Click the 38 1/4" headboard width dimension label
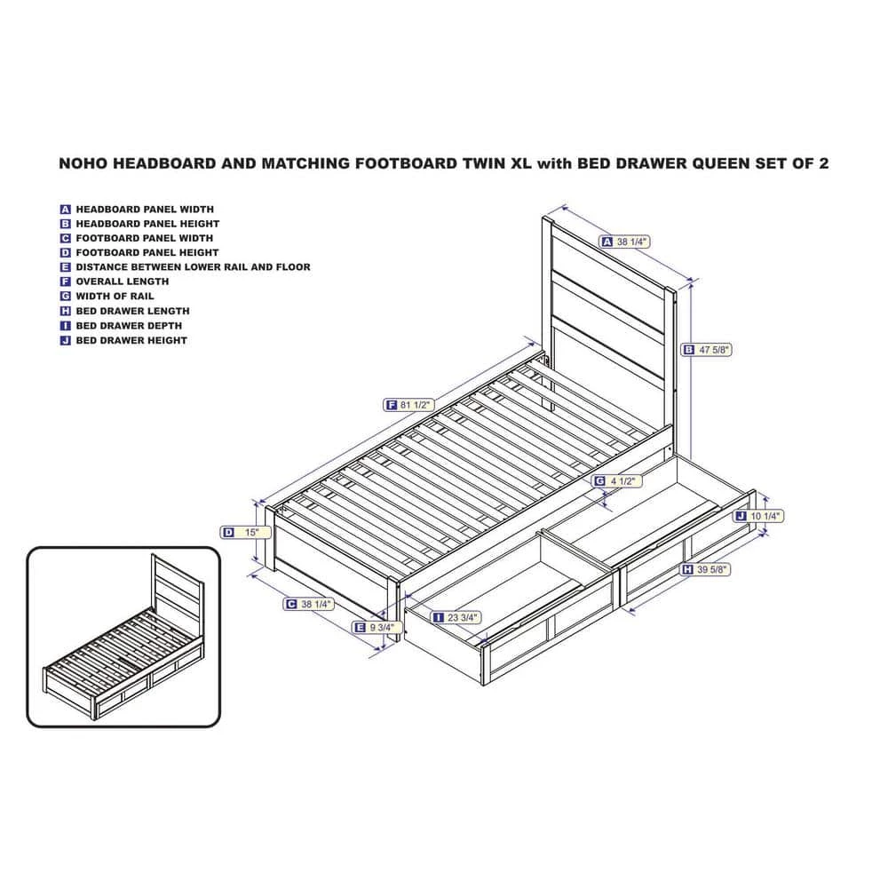(x=624, y=242)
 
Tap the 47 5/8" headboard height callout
(x=706, y=350)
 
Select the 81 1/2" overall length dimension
(x=408, y=405)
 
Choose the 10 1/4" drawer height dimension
(x=758, y=516)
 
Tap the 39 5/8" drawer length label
(x=705, y=569)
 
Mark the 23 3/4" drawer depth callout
(x=456, y=617)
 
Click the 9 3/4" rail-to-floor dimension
(x=377, y=628)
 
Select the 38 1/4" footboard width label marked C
(x=309, y=604)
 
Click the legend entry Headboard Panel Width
(x=137, y=210)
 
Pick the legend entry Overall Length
(x=115, y=281)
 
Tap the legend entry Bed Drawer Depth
(x=121, y=326)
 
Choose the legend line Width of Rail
(x=107, y=297)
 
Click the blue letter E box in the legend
(x=65, y=267)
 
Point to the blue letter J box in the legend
(x=65, y=340)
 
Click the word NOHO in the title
(x=83, y=163)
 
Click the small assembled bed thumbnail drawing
(x=123, y=637)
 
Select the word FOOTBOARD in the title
(x=404, y=163)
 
